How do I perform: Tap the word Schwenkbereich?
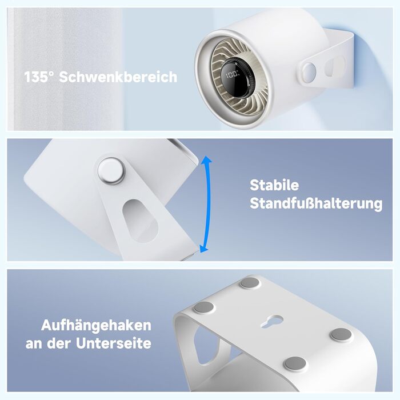tap(118, 77)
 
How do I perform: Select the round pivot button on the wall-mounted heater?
tap(309, 73)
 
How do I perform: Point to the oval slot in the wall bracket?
tap(335, 66)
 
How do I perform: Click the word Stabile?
tap(274, 185)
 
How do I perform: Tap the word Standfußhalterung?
tap(316, 203)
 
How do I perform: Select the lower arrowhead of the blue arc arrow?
tap(203, 247)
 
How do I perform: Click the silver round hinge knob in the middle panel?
tap(111, 170)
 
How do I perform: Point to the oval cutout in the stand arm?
tap(140, 221)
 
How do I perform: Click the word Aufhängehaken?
tap(96, 325)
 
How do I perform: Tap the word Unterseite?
tap(114, 343)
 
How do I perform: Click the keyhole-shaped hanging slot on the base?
tap(271, 321)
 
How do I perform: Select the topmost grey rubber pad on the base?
tap(250, 283)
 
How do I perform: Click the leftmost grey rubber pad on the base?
tap(204, 307)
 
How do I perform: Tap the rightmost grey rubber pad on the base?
tap(341, 334)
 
